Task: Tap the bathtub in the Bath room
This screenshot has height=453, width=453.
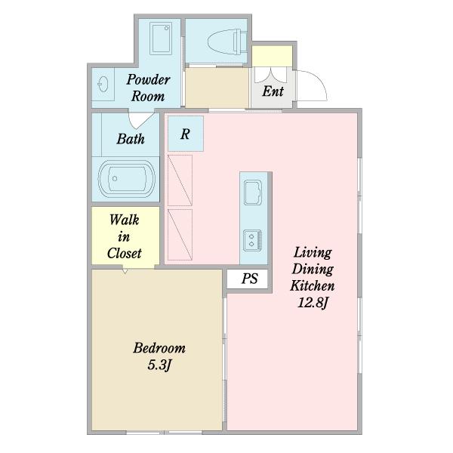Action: (x=127, y=178)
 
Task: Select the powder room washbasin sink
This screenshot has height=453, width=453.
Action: (x=103, y=84)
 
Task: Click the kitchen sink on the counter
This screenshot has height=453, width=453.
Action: (x=253, y=193)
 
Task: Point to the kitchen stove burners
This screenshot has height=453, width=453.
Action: (x=252, y=240)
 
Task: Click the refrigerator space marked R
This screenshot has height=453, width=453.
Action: (x=186, y=134)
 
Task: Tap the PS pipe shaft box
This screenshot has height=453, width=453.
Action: (x=248, y=279)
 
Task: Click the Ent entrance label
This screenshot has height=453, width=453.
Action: (x=273, y=91)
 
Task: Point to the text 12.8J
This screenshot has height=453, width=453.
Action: (x=313, y=303)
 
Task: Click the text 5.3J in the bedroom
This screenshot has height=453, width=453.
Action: (x=160, y=365)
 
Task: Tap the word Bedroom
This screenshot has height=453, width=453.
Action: (x=159, y=348)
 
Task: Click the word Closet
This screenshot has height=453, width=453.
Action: (x=125, y=254)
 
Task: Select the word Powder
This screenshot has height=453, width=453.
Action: (x=148, y=79)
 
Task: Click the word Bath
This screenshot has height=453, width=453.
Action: (x=131, y=139)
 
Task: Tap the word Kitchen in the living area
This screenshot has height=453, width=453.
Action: (x=313, y=285)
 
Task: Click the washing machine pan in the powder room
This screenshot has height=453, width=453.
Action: (x=161, y=39)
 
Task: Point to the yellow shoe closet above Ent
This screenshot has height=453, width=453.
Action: (x=272, y=56)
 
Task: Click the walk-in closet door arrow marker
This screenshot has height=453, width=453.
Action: (x=125, y=271)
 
